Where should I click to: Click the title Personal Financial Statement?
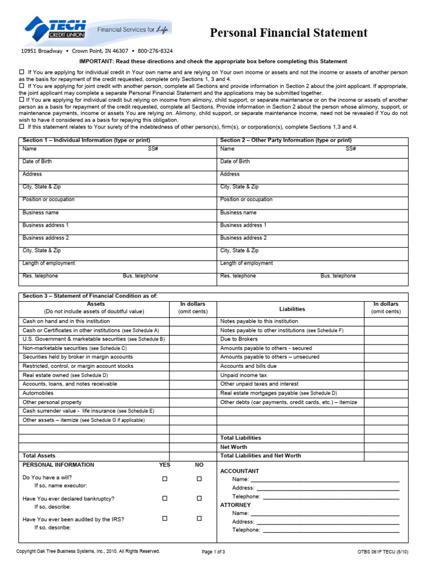click(289, 33)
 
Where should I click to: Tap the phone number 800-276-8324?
click(155, 51)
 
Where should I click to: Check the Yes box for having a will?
click(165, 478)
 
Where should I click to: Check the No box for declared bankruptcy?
click(198, 498)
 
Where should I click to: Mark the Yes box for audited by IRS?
click(165, 518)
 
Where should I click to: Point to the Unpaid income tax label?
click(244, 375)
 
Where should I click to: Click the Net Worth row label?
click(234, 447)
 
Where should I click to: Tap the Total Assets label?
click(39, 456)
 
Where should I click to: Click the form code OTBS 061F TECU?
click(383, 552)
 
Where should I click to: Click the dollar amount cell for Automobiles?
click(193, 393)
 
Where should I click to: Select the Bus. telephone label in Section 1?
click(140, 276)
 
